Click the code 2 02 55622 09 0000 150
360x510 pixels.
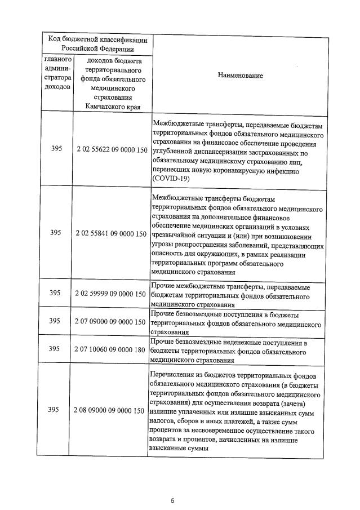tap(111, 151)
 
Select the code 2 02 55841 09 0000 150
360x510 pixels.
tap(111, 233)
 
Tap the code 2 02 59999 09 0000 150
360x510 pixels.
tap(111, 293)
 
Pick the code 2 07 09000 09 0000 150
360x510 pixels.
tap(111, 321)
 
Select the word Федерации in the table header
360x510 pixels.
tap(118, 49)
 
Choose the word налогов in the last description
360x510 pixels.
tap(165, 422)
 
